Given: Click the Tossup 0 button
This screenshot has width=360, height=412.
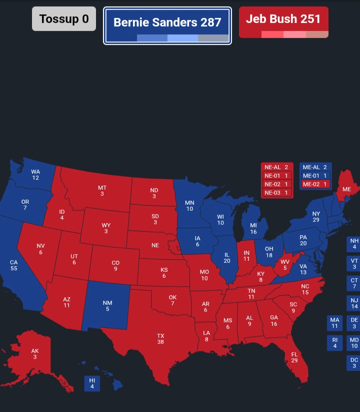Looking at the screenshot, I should tap(64, 19).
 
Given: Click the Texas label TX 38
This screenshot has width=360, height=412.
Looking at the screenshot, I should tap(160, 338).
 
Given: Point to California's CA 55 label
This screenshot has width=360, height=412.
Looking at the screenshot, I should tap(13, 265).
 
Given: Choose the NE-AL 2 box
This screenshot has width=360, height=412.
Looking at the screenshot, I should tap(276, 167).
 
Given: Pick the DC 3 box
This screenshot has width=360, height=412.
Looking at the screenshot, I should tap(354, 363).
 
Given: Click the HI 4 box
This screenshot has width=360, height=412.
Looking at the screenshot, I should tap(92, 383).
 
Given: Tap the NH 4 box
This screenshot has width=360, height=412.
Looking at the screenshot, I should tap(354, 244).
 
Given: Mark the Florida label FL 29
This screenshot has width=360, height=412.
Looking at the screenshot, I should tap(294, 357).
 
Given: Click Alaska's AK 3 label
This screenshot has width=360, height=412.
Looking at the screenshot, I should tap(35, 354).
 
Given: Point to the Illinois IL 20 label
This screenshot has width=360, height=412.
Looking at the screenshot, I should tap(227, 257).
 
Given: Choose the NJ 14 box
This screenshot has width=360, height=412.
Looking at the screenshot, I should tap(354, 303).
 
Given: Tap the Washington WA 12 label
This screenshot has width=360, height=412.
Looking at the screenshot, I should tap(35, 174).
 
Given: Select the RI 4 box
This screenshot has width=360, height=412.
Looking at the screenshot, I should tap(335, 343).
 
